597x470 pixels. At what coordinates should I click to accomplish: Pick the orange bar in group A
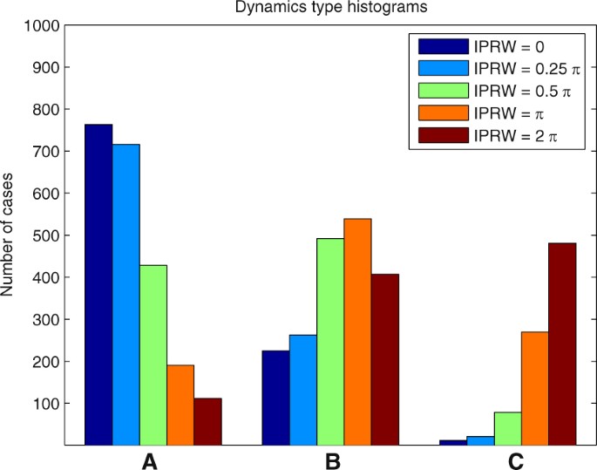coord(180,405)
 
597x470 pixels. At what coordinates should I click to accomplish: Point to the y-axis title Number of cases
coord(9,235)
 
